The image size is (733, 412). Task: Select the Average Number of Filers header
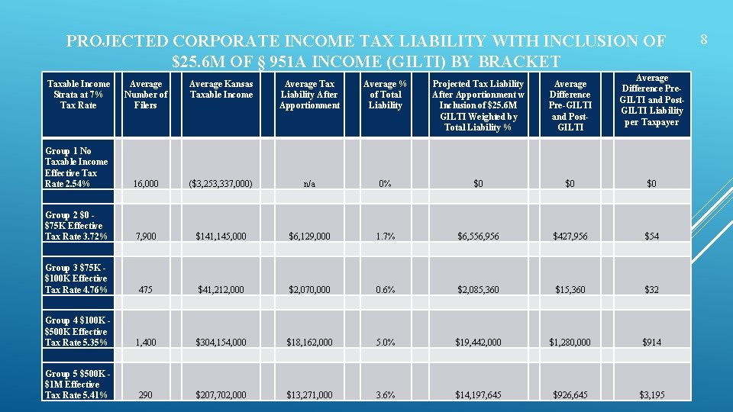click(146, 95)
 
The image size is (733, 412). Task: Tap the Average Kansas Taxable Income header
click(221, 89)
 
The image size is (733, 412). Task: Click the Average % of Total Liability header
click(385, 95)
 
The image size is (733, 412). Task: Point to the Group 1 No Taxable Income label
click(76, 167)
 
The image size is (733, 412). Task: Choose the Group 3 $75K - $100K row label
click(76, 278)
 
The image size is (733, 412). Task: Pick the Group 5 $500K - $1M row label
click(76, 385)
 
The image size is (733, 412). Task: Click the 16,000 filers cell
click(145, 184)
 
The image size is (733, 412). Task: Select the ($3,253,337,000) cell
click(221, 184)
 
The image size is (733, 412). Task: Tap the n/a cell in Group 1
click(309, 184)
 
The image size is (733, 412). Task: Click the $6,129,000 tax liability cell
click(309, 237)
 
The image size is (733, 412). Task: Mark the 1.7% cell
click(385, 237)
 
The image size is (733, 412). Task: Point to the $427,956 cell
click(570, 237)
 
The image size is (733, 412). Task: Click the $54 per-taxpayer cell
click(651, 237)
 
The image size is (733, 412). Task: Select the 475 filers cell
click(145, 290)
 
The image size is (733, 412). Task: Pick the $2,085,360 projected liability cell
click(478, 290)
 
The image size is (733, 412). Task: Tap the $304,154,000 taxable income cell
click(221, 343)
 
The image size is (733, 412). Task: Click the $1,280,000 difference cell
click(570, 343)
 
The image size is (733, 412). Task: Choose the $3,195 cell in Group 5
click(651, 395)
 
